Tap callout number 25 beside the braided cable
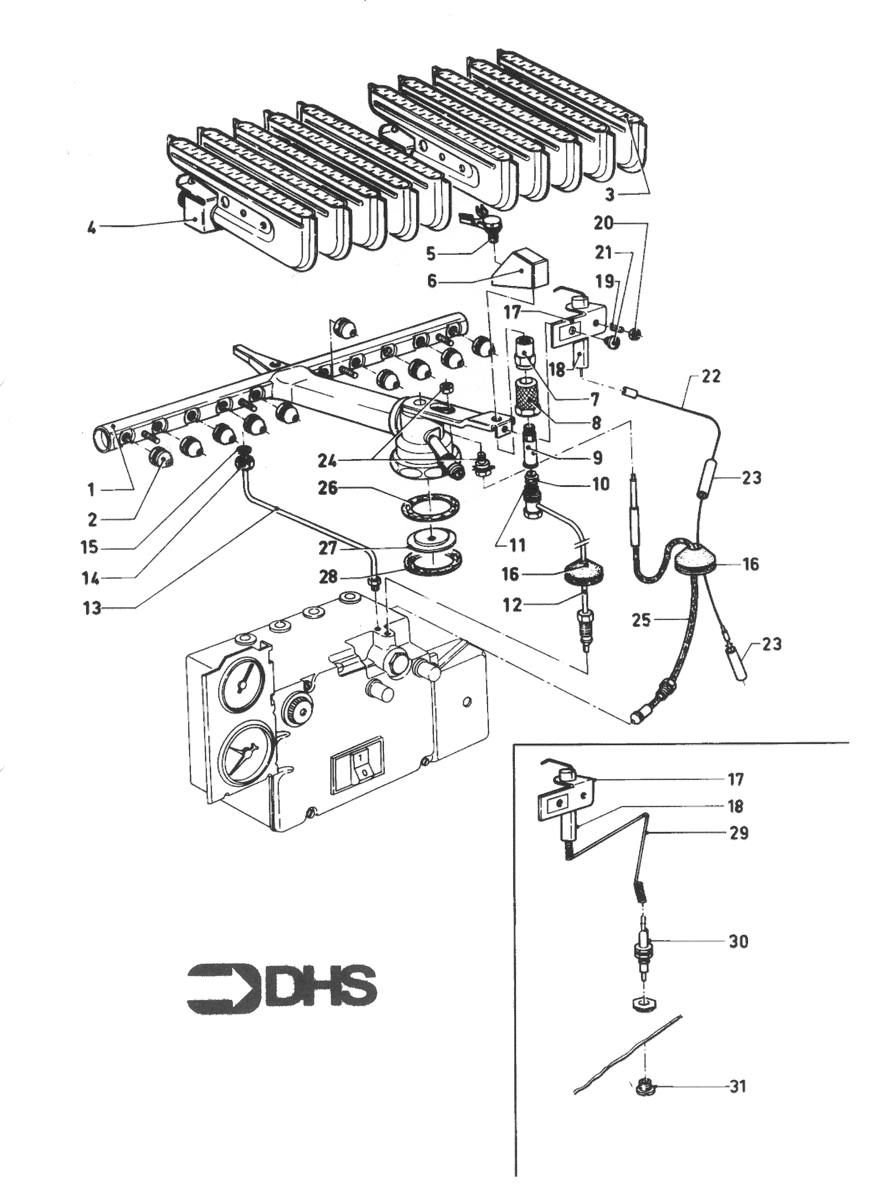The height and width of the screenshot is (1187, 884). [x=641, y=620]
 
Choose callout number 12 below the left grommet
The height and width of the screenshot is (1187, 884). [x=512, y=605]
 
